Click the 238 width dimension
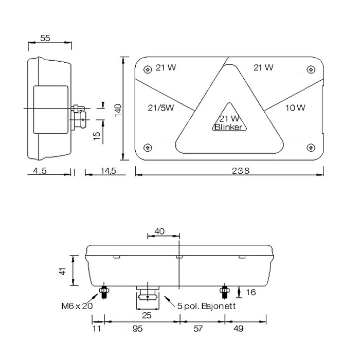(240, 171)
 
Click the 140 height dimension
(118, 110)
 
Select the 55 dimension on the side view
(45, 38)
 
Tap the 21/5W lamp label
(161, 107)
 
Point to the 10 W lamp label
(295, 107)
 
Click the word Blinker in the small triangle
(228, 127)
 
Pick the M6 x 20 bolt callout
(77, 306)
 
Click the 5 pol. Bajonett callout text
(207, 306)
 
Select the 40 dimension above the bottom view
(159, 231)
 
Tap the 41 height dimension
(63, 271)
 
